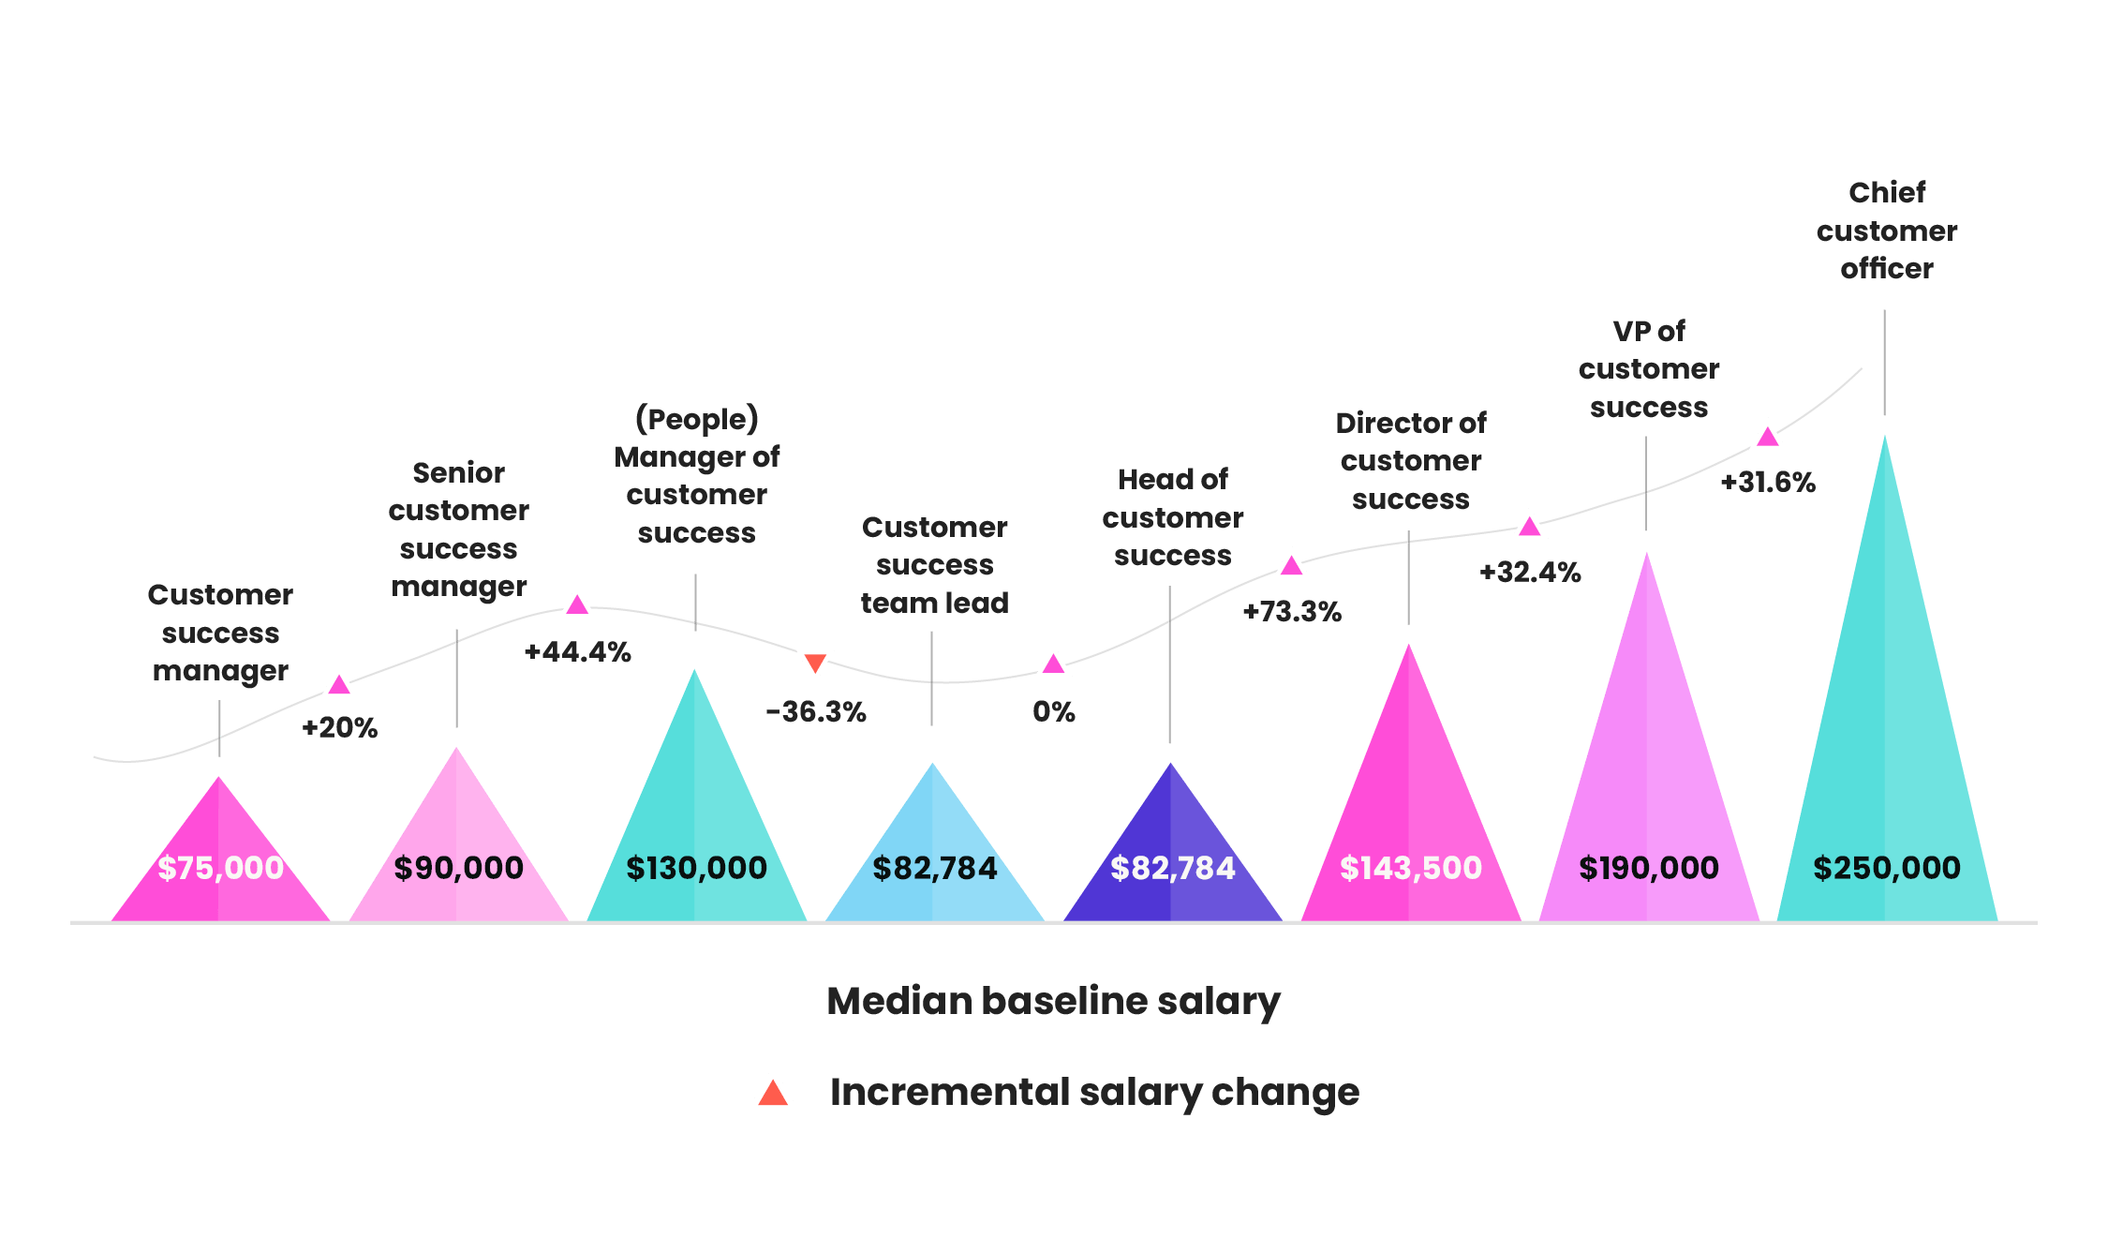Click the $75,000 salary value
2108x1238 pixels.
pyautogui.click(x=220, y=868)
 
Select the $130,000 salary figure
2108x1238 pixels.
pyautogui.click(x=696, y=868)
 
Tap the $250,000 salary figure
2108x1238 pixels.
pyautogui.click(x=1886, y=868)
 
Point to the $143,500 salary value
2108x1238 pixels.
pyautogui.click(x=1410, y=868)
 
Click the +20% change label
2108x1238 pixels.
pyautogui.click(x=339, y=727)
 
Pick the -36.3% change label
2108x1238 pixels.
pyautogui.click(x=815, y=711)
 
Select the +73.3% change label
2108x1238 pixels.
pyautogui.click(x=1291, y=611)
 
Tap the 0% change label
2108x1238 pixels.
pyautogui.click(x=1053, y=711)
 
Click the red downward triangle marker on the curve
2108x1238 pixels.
pyautogui.click(x=815, y=664)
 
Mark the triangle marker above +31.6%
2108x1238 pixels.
pyautogui.click(x=1767, y=436)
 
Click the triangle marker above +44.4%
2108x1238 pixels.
pyautogui.click(x=577, y=604)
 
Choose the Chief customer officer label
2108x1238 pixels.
pyautogui.click(x=1886, y=231)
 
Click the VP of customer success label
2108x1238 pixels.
pyautogui.click(x=1648, y=369)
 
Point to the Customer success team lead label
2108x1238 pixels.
pyautogui.click(x=934, y=565)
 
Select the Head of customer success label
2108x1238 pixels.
pyautogui.click(x=1172, y=517)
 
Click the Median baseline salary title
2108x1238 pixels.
pyautogui.click(x=1053, y=1001)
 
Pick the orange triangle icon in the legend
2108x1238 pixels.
pyautogui.click(x=773, y=1092)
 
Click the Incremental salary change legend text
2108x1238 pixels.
pyautogui.click(x=1093, y=1092)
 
